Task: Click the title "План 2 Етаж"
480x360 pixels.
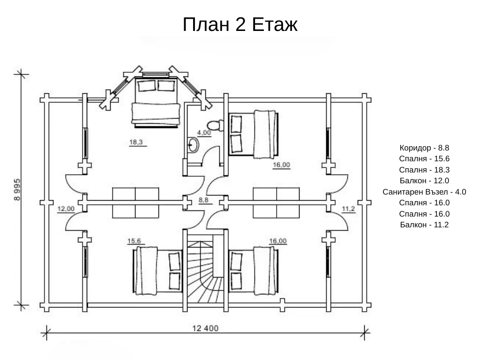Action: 240,24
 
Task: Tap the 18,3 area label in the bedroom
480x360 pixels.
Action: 136,142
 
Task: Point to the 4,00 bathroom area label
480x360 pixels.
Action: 204,133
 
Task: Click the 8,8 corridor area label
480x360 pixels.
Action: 204,200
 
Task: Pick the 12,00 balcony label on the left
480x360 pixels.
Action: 66,209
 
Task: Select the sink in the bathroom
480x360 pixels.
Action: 193,145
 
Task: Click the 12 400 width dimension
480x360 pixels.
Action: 205,328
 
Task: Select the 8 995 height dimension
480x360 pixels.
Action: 17,189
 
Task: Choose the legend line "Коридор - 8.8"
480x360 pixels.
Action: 425,147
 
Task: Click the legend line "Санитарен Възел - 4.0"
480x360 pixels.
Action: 425,192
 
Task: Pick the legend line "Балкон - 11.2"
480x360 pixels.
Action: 425,225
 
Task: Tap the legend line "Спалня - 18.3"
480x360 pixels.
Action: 425,169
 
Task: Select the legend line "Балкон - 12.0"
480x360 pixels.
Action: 425,180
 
